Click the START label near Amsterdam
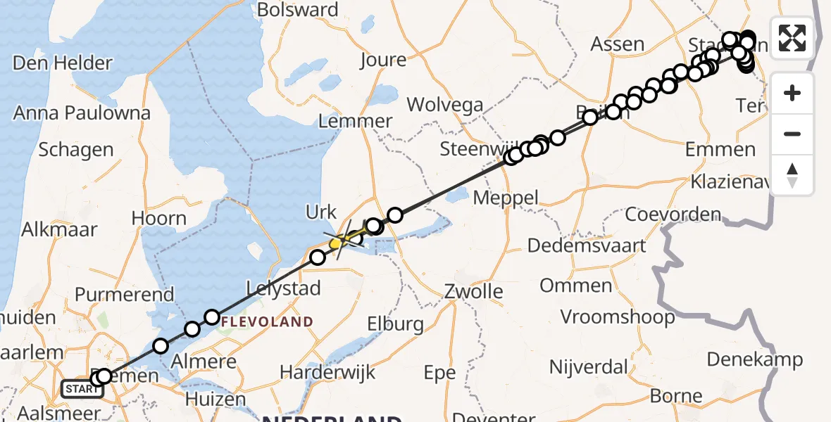pos(81,388)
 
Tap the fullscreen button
pos(792,38)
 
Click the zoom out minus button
pos(792,134)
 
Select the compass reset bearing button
pos(792,174)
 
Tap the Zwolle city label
pos(473,291)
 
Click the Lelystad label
pos(283,288)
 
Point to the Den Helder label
pos(63,63)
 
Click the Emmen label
pos(720,149)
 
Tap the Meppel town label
pos(506,198)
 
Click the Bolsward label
pos(297,10)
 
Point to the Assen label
pos(618,44)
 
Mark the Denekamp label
pos(754,359)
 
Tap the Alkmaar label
pos(59,229)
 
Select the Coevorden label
pos(673,214)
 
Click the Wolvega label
pos(445,105)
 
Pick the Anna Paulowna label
pos(82,113)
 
